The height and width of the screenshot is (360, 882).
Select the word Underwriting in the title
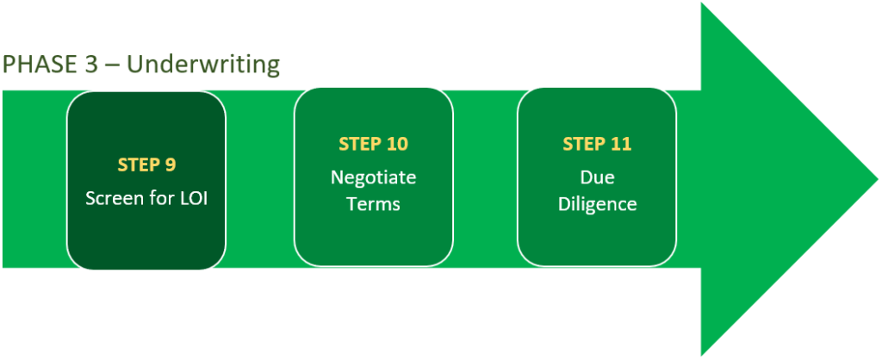[203, 65]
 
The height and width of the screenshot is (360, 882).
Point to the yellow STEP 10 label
[373, 144]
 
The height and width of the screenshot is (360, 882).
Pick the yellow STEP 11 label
[597, 144]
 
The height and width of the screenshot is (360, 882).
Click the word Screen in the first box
[114, 198]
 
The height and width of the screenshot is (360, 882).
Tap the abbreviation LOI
[190, 198]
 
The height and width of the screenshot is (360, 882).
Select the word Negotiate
[373, 177]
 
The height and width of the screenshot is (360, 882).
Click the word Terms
[373, 204]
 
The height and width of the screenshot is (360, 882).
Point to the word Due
[597, 177]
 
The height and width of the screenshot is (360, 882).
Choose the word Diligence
[597, 204]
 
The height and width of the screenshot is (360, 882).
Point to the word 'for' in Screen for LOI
[159, 198]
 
